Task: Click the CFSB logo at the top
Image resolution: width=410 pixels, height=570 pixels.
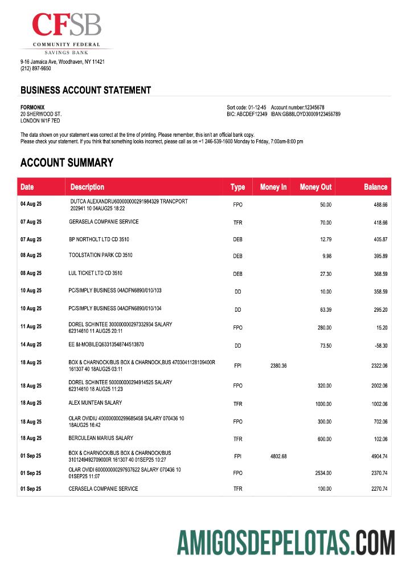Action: click(67, 31)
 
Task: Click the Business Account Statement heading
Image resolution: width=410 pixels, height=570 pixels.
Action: click(85, 90)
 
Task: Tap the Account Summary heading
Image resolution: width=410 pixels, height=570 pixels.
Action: click(67, 163)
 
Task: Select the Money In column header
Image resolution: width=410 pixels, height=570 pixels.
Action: click(273, 187)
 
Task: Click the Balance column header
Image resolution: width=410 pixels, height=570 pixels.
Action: click(375, 187)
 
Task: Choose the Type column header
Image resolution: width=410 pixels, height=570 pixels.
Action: click(237, 187)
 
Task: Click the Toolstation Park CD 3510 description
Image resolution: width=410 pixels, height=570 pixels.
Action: click(100, 255)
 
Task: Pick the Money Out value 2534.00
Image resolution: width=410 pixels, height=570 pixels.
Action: click(323, 473)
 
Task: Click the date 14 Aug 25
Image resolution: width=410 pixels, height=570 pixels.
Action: click(31, 345)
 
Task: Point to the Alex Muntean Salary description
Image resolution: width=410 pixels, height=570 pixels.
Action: click(95, 402)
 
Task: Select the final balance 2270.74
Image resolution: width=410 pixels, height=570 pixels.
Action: click(378, 489)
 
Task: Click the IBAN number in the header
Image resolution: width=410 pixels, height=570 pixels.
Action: click(305, 114)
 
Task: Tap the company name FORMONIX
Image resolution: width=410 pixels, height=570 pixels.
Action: click(32, 107)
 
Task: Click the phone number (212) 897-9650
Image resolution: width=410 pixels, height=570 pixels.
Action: click(35, 68)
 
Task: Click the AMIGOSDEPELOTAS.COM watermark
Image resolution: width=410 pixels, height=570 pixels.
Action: click(285, 542)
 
